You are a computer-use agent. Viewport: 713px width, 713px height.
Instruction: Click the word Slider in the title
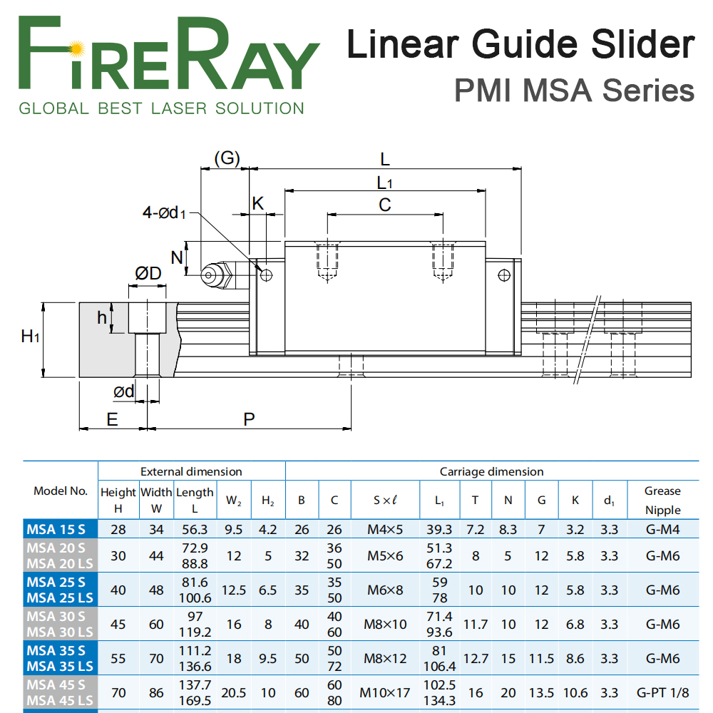click(x=642, y=44)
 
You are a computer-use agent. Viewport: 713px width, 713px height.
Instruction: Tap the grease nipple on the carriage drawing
click(x=218, y=275)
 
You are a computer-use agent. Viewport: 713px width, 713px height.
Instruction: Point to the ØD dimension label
click(x=148, y=273)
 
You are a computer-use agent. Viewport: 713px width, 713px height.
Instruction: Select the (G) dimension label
click(x=227, y=158)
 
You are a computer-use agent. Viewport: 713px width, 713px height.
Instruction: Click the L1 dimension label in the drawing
click(x=384, y=183)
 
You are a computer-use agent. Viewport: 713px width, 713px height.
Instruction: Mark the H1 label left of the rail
click(x=30, y=336)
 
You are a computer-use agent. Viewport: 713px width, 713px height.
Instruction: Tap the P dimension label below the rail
click(x=249, y=419)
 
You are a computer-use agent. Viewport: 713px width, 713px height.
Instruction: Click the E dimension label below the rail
click(x=112, y=419)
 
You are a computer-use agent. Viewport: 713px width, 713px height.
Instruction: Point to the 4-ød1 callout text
click(x=164, y=212)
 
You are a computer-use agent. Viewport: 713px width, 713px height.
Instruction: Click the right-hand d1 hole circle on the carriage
click(x=504, y=275)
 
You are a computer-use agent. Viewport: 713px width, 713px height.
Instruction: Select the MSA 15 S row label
click(x=56, y=529)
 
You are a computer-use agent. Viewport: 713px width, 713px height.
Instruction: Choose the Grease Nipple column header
click(x=662, y=501)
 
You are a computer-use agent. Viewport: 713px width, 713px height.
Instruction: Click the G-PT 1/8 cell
click(x=662, y=692)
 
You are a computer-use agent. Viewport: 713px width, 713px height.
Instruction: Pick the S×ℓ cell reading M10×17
click(x=385, y=692)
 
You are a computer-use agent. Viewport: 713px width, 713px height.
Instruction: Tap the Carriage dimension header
click(x=491, y=471)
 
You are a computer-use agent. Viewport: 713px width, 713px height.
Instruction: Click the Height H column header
click(x=118, y=501)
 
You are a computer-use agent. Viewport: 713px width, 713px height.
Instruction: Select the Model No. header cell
click(x=61, y=491)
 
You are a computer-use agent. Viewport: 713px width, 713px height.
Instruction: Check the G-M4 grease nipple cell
click(x=662, y=529)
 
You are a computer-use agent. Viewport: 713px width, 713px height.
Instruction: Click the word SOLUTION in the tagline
click(x=260, y=108)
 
